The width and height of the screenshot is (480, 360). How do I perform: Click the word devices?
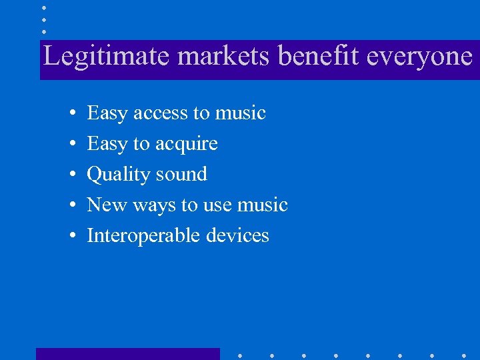pyautogui.click(x=237, y=235)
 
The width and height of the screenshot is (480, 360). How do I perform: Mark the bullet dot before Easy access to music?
pyautogui.click(x=71, y=114)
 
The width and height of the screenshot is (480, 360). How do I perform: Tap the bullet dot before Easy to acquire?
pyautogui.click(x=71, y=145)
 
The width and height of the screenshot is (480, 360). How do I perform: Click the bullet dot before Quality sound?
pyautogui.click(x=71, y=175)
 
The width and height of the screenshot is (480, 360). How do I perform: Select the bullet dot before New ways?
pyautogui.click(x=71, y=206)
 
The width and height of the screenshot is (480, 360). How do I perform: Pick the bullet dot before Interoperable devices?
pyautogui.click(x=71, y=237)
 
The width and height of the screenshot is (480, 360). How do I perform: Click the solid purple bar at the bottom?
pyautogui.click(x=127, y=353)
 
